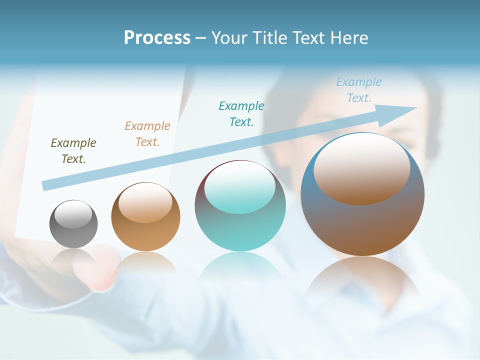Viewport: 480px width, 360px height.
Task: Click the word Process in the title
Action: click(x=157, y=38)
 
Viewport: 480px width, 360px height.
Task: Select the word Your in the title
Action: click(x=229, y=38)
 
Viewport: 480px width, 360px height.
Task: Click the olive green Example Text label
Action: click(x=73, y=151)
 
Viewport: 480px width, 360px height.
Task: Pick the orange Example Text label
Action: click(x=147, y=134)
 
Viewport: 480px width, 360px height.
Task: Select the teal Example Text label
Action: click(x=241, y=114)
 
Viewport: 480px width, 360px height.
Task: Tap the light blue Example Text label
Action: click(x=359, y=90)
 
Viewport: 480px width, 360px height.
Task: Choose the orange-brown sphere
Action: click(x=145, y=235)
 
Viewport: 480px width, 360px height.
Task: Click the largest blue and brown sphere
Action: click(x=362, y=225)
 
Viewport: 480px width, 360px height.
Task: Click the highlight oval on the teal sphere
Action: click(x=239, y=187)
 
